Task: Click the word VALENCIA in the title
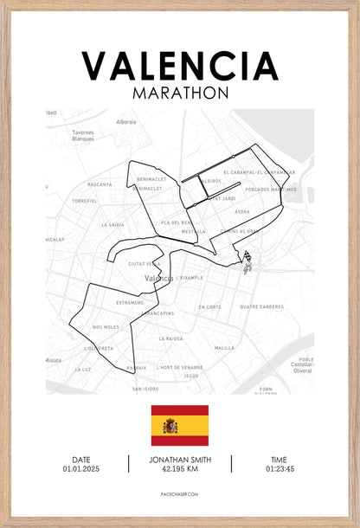[x=180, y=66]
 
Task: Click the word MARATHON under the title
[x=180, y=91]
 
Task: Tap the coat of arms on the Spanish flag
[x=170, y=425]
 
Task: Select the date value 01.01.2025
[x=80, y=468]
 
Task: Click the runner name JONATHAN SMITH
[x=180, y=460]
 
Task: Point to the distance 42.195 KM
[x=180, y=468]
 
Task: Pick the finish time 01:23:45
[x=278, y=468]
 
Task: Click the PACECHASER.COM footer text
[x=180, y=494]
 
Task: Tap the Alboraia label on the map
[x=126, y=122]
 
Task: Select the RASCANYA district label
[x=100, y=184]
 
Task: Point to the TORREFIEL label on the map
[x=85, y=200]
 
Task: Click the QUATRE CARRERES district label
[x=261, y=306]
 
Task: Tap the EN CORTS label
[x=210, y=306]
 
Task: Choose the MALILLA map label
[x=224, y=347]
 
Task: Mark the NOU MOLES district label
[x=106, y=327]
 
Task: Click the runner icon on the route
[x=247, y=261]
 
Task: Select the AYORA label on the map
[x=242, y=211]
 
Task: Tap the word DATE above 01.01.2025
[x=80, y=460]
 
